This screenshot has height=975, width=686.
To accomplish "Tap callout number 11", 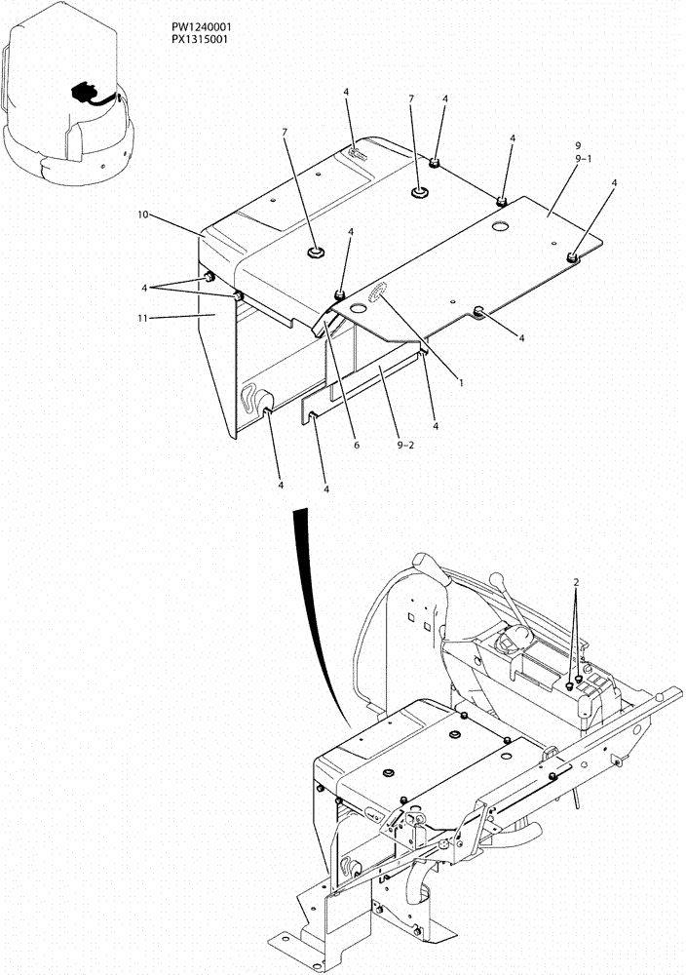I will [x=143, y=316].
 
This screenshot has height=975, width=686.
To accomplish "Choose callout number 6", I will [x=357, y=445].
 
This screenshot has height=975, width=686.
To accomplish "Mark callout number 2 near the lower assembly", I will [x=577, y=582].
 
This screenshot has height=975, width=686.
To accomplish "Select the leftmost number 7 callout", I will [x=286, y=131].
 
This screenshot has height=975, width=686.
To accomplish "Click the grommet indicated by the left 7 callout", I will [x=316, y=254].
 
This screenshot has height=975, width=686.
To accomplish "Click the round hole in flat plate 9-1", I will [x=501, y=226].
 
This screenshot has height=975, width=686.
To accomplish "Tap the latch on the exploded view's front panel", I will [x=255, y=398].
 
